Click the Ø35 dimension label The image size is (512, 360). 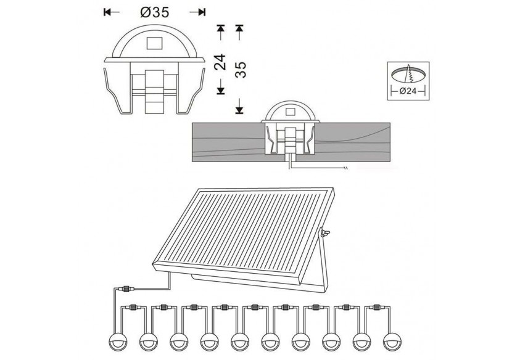154,12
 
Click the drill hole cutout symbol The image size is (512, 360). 408,73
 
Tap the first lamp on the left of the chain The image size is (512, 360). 117,340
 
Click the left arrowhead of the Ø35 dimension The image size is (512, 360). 107,12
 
